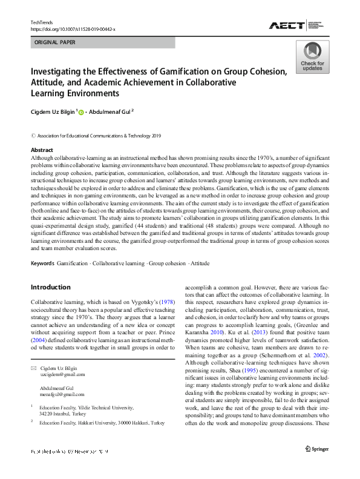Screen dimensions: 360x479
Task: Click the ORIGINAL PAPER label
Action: [55, 43]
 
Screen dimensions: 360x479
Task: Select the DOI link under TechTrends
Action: [73, 28]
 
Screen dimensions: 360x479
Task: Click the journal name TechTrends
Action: [42, 22]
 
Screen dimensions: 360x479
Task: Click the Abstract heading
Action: [42, 150]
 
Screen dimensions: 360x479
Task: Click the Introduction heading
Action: [50, 287]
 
